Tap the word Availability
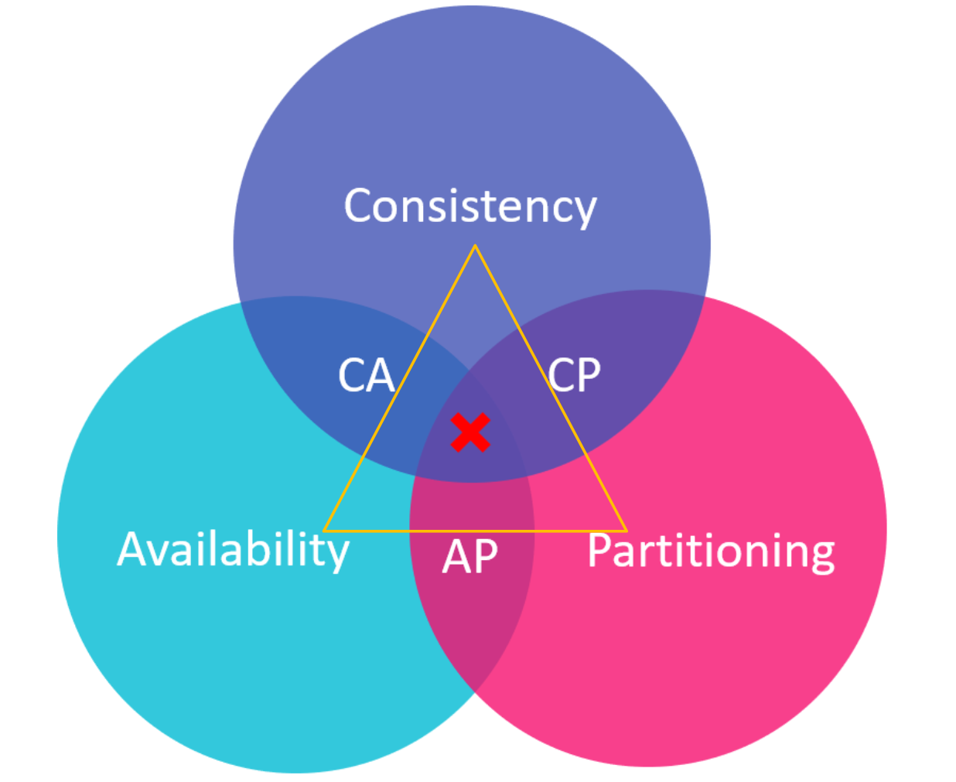233,550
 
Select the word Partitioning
711,551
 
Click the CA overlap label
366,376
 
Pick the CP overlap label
575,375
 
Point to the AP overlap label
470,556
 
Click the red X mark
470,432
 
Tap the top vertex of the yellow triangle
475,246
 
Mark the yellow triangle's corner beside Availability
324,531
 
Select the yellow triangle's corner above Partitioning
626,531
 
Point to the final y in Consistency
586,210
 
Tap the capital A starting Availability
133,549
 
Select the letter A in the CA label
381,376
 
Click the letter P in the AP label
485,556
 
